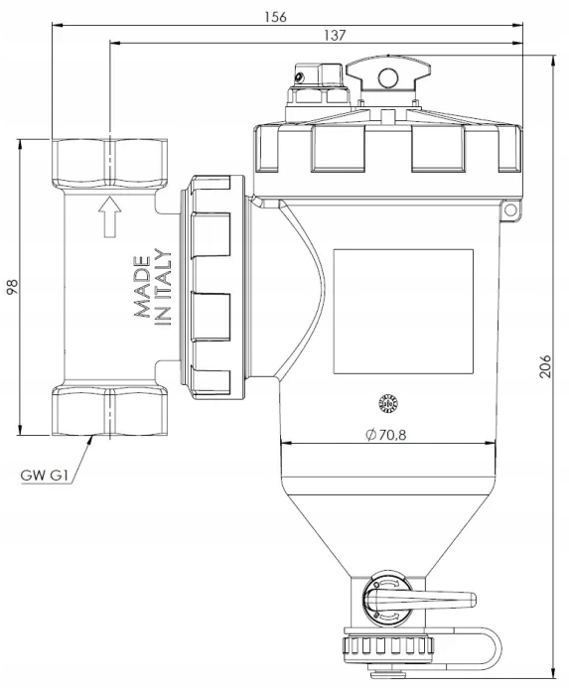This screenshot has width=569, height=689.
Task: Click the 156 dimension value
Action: tap(275, 17)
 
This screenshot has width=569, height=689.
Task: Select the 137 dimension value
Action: tap(335, 35)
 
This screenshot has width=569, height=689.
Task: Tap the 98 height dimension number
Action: tap(13, 287)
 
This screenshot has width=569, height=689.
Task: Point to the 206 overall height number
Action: tap(545, 366)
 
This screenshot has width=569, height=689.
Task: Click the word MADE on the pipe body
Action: tap(142, 287)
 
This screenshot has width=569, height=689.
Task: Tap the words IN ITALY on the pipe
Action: tap(163, 287)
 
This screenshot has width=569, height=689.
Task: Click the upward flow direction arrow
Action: tap(109, 217)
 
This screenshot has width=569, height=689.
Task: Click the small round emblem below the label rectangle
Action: tap(388, 404)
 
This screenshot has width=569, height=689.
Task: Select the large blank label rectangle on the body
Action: tap(403, 312)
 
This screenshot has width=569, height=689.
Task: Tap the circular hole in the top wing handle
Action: tap(388, 78)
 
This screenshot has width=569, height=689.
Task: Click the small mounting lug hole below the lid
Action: tap(510, 210)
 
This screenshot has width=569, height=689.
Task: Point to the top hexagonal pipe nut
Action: tap(110, 163)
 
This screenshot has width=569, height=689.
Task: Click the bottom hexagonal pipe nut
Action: tap(110, 411)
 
